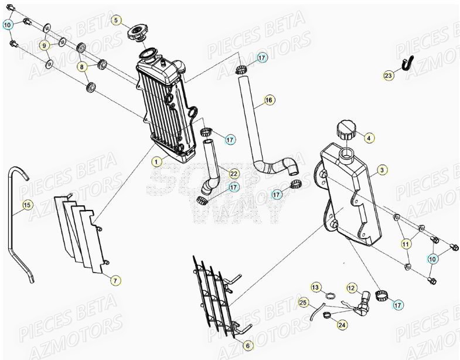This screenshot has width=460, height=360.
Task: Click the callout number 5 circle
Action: [x=116, y=21]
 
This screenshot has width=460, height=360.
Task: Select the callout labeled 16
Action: [x=269, y=100]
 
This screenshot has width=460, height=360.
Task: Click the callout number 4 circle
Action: [x=369, y=138]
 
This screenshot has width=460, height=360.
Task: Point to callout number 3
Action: [x=381, y=170]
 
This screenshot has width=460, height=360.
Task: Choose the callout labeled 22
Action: [x=233, y=174]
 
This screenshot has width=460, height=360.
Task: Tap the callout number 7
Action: [x=115, y=281]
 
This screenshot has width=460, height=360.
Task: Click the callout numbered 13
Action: [x=316, y=287]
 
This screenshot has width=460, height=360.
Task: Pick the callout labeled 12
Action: [x=351, y=288]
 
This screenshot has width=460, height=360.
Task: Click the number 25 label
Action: [x=303, y=303]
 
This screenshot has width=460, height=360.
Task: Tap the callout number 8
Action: [x=83, y=67]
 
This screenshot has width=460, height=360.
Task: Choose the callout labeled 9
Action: [x=44, y=45]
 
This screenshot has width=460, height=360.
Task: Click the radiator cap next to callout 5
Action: [x=138, y=33]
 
